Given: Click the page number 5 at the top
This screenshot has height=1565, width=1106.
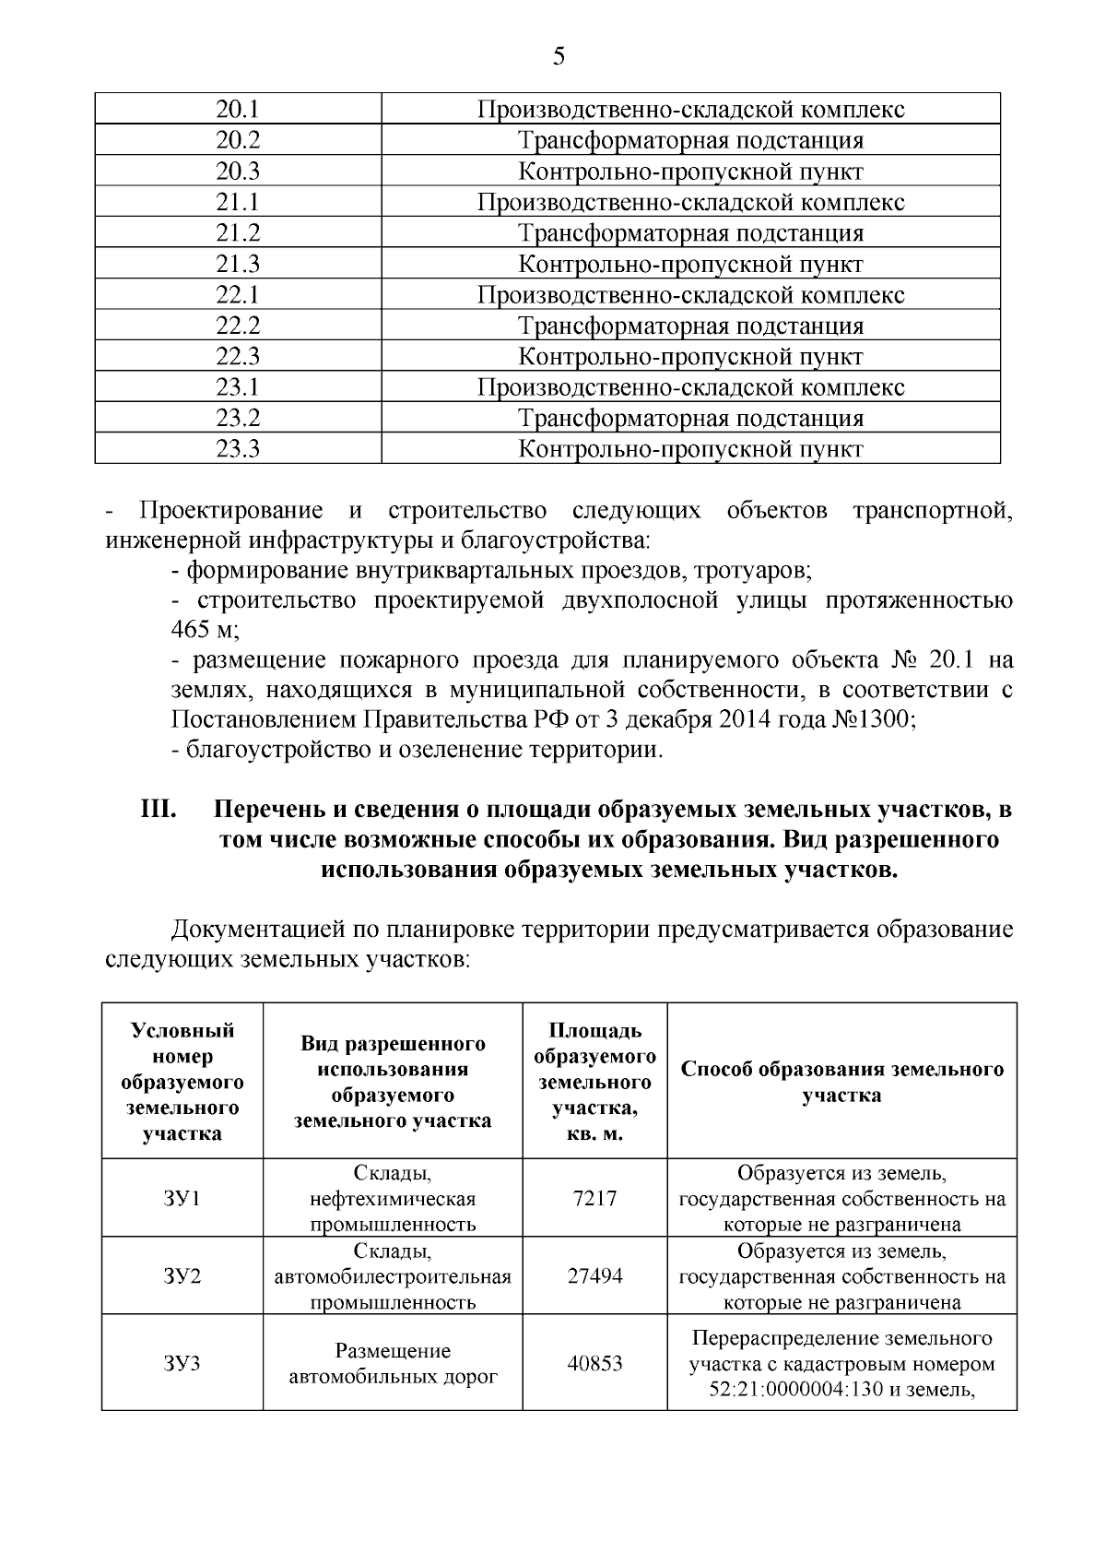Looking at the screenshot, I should [x=559, y=57].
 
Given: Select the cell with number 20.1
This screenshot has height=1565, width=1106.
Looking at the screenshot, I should [x=238, y=110].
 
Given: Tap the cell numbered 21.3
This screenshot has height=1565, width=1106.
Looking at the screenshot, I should [x=238, y=265].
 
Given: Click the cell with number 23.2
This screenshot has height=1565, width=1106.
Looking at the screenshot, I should [x=238, y=419].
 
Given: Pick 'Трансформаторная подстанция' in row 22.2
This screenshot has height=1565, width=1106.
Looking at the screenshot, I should [x=690, y=326].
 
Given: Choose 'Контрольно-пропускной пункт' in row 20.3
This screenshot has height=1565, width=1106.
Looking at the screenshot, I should [x=690, y=172].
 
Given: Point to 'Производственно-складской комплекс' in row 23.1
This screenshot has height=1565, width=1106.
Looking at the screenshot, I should [x=690, y=387].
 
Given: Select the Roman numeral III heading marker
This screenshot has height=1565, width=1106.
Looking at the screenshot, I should [x=158, y=810].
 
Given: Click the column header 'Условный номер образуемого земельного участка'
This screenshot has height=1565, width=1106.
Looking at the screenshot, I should [x=182, y=1082].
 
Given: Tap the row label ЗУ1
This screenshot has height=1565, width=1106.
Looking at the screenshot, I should [x=182, y=1199].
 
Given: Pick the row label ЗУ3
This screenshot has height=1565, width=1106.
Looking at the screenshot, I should [x=182, y=1363].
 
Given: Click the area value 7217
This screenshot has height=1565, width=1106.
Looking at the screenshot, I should [x=594, y=1199].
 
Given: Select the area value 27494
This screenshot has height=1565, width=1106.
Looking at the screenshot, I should [x=594, y=1276].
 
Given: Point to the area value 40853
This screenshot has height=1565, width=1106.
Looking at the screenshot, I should [x=594, y=1363].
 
